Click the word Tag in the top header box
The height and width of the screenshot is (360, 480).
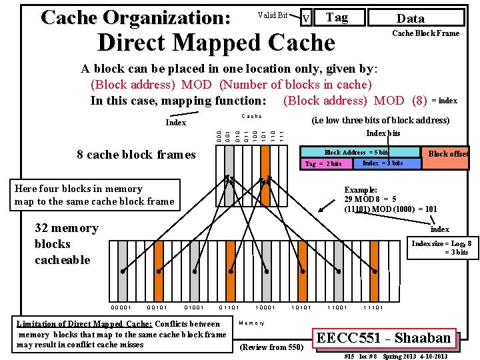337,17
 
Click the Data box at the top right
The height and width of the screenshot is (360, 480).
410,19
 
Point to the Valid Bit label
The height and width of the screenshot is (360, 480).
272,15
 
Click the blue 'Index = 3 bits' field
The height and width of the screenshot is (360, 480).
382,163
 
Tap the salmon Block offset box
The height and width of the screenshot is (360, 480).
448,154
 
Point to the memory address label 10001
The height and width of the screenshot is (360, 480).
265,308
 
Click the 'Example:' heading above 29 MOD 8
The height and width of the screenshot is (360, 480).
361,190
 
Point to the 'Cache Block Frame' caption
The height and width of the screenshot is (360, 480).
425,33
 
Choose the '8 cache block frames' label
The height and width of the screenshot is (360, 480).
136,155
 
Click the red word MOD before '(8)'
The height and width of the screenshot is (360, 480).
389,101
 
